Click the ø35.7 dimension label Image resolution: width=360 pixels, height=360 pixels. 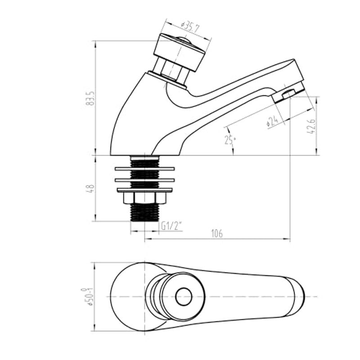pos(190,27)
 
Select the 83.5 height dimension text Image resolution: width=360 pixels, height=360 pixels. pos(90,98)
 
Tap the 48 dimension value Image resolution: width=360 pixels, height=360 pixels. pos(90,189)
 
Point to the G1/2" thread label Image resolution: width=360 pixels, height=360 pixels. pos(171,226)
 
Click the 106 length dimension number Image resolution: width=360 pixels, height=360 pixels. pos(217,234)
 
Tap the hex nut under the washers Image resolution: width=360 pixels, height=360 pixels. pos(144,198)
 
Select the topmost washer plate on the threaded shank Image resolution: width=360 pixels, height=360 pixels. pos(144,169)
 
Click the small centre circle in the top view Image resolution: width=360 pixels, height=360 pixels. pos(184,297)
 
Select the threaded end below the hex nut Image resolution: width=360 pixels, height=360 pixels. pos(144,212)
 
